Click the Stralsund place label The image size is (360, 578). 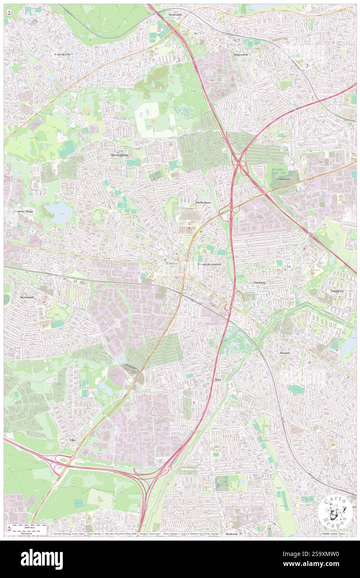(x=175, y=14)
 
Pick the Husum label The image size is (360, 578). (x=285, y=353)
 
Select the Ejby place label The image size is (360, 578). (x=73, y=440)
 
